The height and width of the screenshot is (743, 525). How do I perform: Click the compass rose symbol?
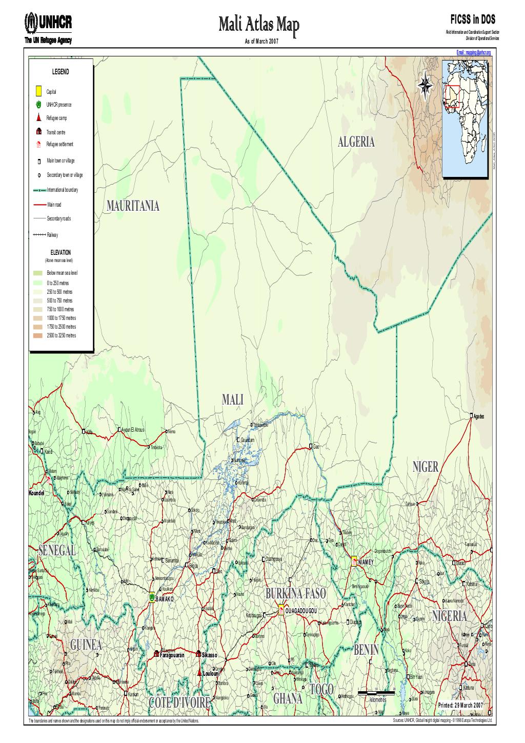pyautogui.click(x=425, y=85)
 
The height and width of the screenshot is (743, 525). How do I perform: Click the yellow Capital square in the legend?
pyautogui.click(x=38, y=91)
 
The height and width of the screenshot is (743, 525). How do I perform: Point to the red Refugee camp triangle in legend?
pyautogui.click(x=38, y=117)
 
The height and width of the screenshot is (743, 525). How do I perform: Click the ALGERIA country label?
pyautogui.click(x=356, y=143)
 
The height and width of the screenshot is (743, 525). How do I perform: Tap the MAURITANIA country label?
pyautogui.click(x=133, y=206)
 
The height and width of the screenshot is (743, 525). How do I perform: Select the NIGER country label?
pyautogui.click(x=425, y=466)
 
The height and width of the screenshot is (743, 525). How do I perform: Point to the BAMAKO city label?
pyautogui.click(x=165, y=598)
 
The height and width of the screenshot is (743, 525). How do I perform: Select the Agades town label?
pyautogui.click(x=482, y=416)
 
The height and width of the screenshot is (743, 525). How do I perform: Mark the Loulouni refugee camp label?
pyautogui.click(x=211, y=673)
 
